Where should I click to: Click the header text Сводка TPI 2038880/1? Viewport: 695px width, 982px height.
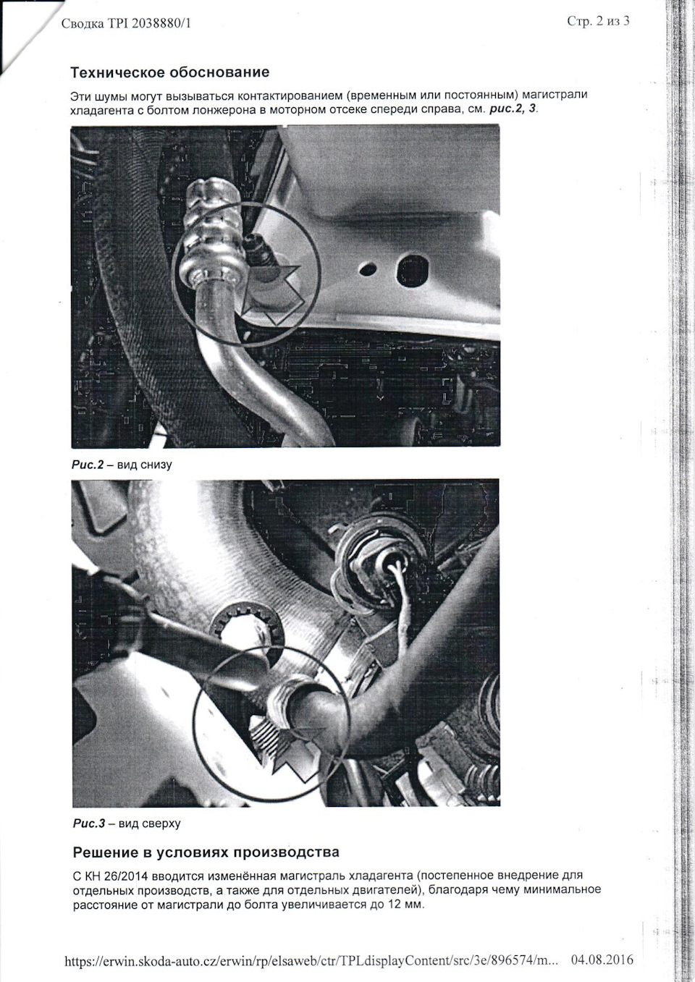[x=127, y=23]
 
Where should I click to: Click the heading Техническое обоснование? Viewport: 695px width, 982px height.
[x=170, y=72]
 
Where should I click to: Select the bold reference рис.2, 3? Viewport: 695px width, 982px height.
[x=513, y=109]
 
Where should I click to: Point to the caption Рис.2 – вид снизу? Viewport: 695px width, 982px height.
[x=122, y=465]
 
